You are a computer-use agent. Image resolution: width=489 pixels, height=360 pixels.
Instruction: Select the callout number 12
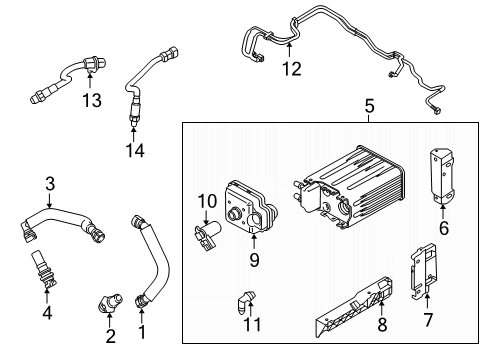(290, 69)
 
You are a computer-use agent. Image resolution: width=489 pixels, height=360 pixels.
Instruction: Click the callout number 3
(47, 182)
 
